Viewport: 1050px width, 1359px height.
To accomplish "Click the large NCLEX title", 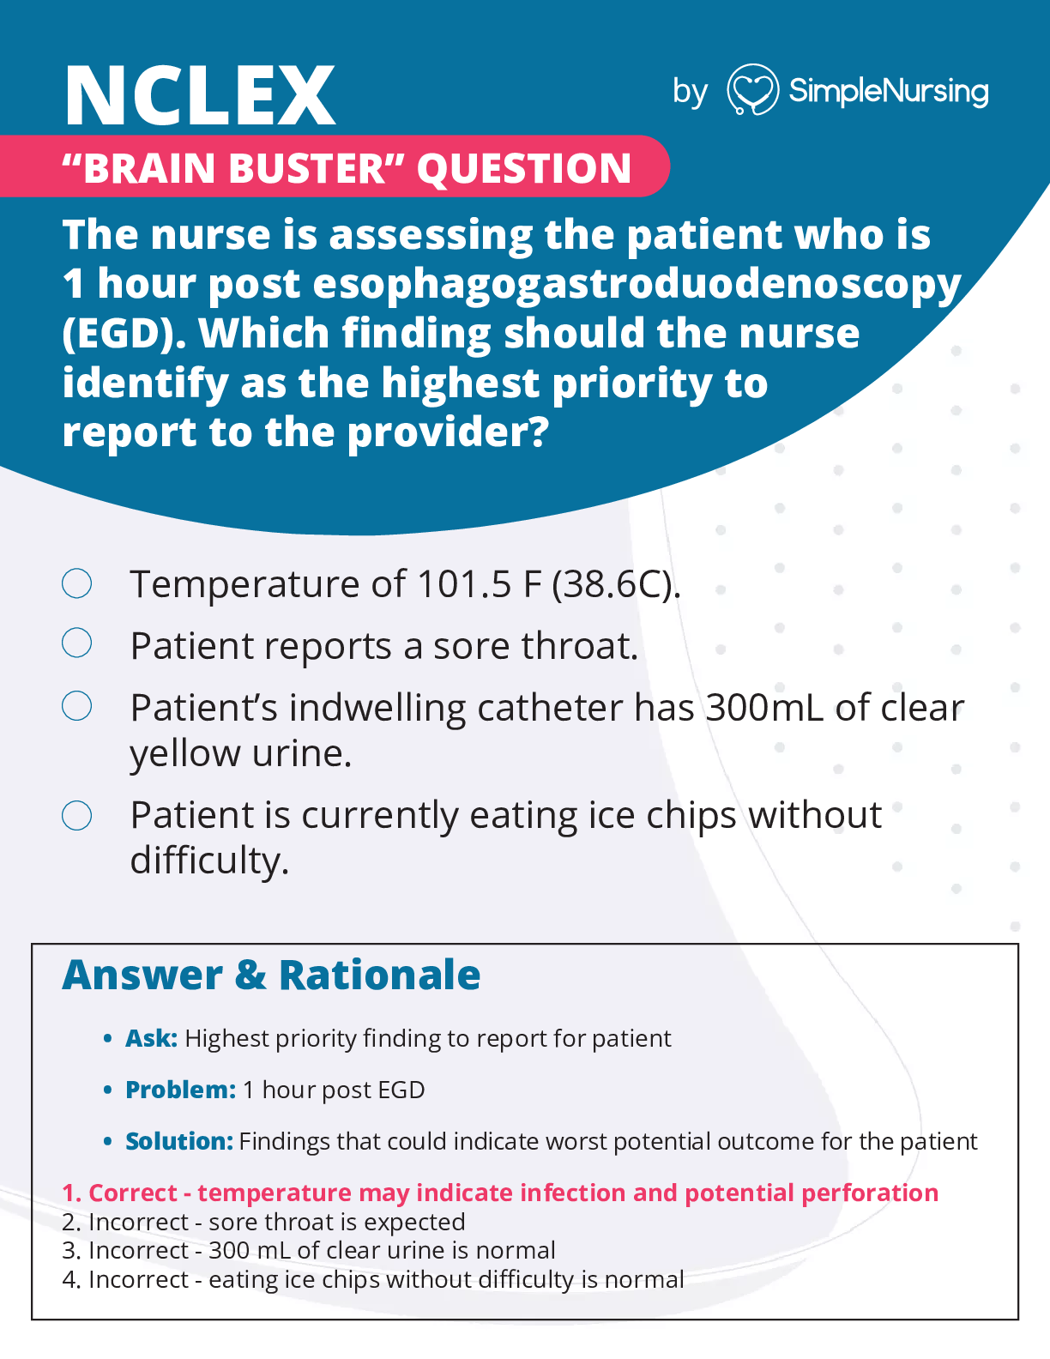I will (x=199, y=96).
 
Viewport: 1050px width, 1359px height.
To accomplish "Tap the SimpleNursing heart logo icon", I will (x=752, y=90).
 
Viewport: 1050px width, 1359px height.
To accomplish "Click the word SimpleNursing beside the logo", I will (x=888, y=91).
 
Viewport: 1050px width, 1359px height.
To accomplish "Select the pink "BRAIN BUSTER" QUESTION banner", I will (x=347, y=167).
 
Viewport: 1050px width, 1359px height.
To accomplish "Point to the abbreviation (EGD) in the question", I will (x=124, y=334).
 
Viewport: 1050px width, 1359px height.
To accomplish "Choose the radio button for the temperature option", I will (x=77, y=583).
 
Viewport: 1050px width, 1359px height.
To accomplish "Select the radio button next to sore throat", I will (x=77, y=643).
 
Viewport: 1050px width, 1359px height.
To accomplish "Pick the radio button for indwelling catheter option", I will (x=77, y=706).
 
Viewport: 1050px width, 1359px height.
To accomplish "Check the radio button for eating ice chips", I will (x=77, y=815).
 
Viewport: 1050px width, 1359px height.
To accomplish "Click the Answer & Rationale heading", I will (x=271, y=975).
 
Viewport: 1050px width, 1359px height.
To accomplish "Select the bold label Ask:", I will (x=151, y=1039).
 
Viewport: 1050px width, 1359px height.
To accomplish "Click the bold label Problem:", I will (x=180, y=1090).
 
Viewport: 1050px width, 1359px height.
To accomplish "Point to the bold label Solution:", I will (x=179, y=1142).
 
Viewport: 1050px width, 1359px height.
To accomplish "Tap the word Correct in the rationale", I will (x=132, y=1193).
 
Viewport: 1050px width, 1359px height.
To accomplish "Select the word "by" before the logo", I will (x=690, y=92).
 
